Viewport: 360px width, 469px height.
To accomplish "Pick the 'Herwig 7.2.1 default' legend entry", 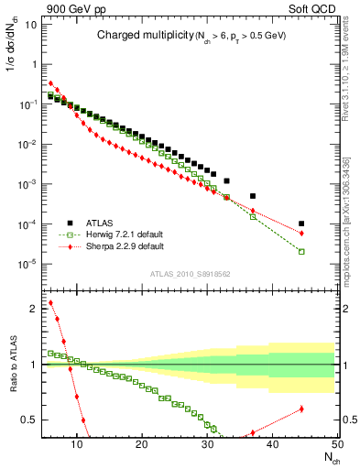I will [x=125, y=234].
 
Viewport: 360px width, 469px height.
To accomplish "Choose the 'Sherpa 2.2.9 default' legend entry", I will [x=125, y=245].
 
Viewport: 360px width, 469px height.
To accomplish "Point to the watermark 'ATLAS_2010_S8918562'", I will [x=190, y=274].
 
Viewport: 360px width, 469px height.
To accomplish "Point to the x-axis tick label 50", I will [x=336, y=446].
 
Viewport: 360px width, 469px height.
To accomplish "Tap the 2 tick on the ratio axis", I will [x=31, y=309].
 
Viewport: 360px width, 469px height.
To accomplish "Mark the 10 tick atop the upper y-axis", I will [x=29, y=25].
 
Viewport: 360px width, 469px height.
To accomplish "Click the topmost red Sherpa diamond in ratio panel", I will [x=50, y=302].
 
